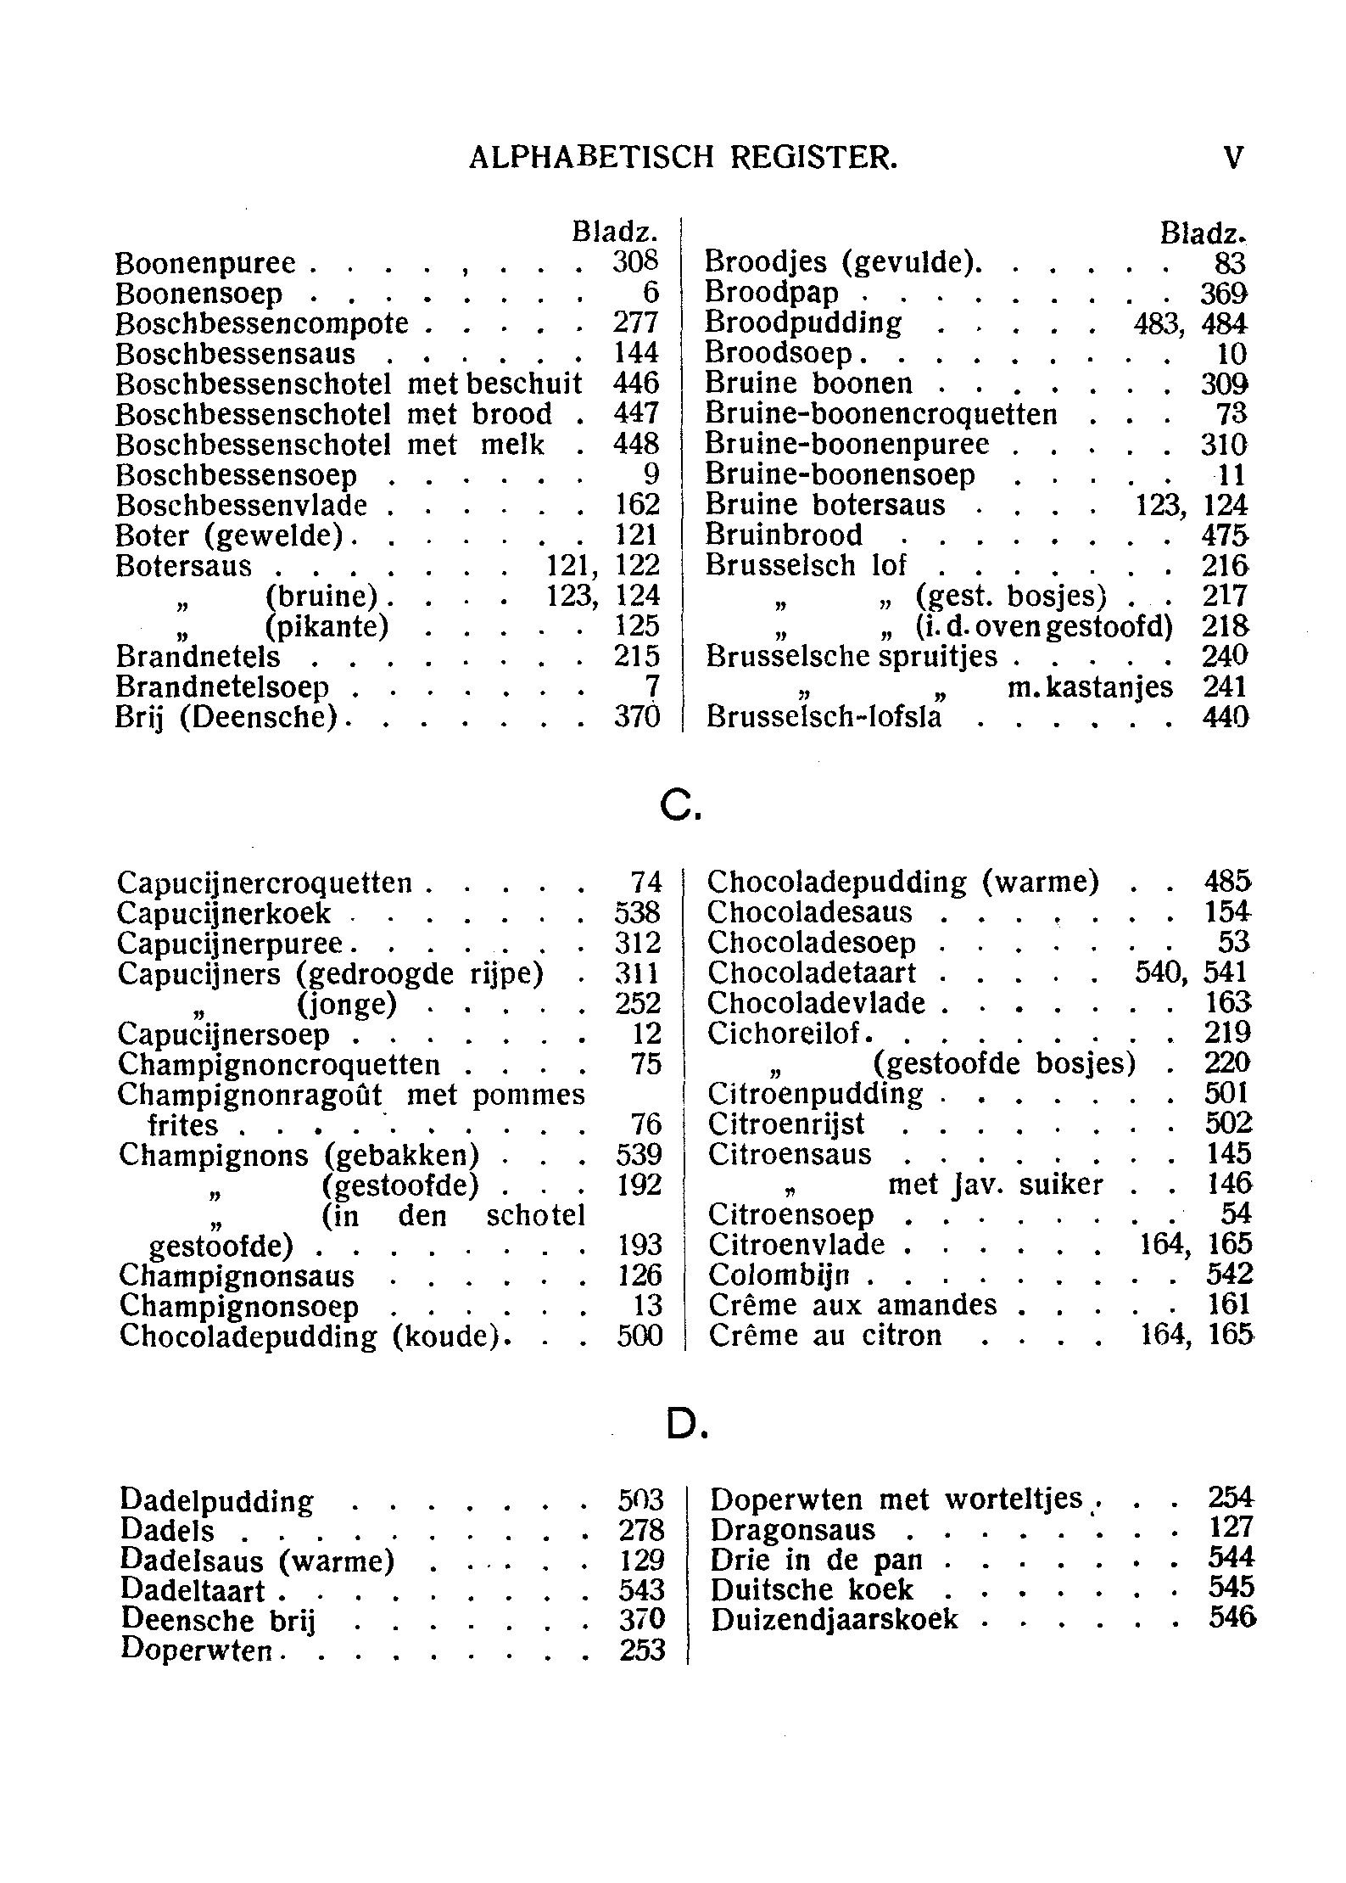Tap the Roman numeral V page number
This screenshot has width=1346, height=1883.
click(1234, 158)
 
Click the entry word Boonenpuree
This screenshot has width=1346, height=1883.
click(205, 264)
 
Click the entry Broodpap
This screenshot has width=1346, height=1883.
click(771, 294)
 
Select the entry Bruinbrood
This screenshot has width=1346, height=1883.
click(784, 535)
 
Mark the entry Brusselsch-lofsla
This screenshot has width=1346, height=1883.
click(824, 718)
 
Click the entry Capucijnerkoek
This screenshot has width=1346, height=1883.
click(224, 914)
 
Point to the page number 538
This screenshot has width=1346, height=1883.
click(637, 914)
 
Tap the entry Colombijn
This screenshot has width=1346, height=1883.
click(778, 1275)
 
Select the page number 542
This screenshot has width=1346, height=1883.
click(1228, 1275)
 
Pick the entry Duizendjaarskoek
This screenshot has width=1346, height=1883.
click(834, 1619)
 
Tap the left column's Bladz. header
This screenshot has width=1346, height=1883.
click(615, 232)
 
